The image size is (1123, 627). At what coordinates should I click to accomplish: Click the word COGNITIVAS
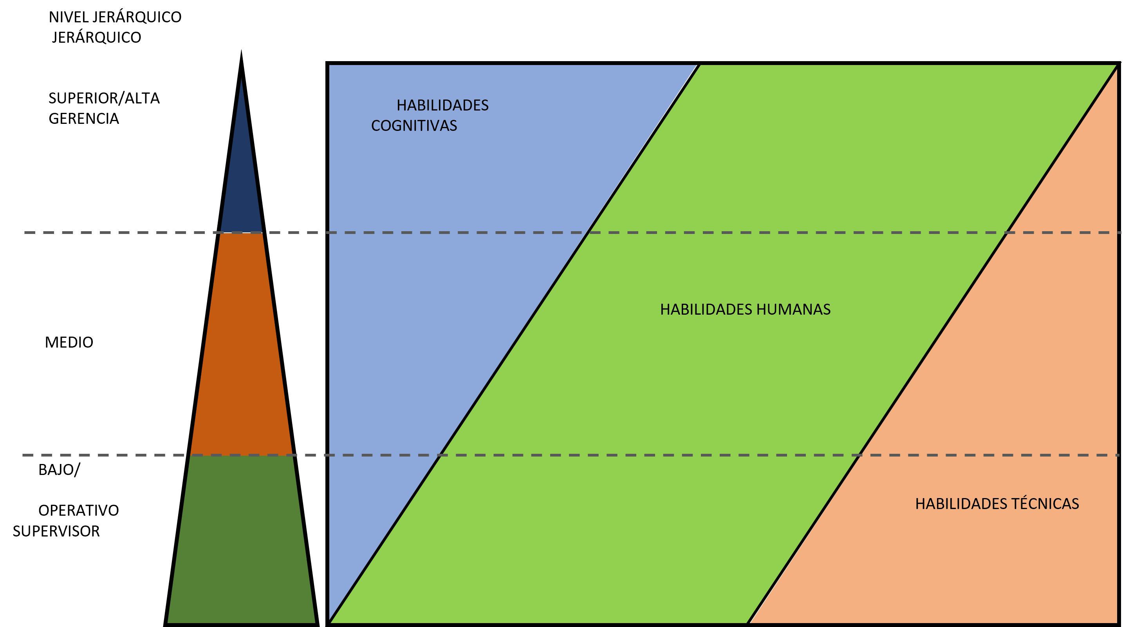point(414,126)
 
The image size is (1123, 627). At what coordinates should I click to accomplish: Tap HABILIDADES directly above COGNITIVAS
point(442,105)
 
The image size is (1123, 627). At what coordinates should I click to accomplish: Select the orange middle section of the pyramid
point(242,345)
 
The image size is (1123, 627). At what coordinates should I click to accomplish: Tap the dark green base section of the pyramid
point(242,541)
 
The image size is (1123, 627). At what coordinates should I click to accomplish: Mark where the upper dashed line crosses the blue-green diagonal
point(589,232)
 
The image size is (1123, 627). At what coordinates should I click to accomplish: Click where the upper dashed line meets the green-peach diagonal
point(1006,232)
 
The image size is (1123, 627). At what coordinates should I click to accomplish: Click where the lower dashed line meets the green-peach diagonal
point(858,455)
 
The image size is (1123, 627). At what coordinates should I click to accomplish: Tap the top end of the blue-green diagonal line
point(699,66)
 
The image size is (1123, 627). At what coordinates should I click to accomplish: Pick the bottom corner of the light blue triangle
point(330,622)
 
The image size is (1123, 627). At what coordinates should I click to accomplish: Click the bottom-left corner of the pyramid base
point(168,622)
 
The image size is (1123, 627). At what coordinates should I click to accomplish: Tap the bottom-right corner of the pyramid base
point(315,622)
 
